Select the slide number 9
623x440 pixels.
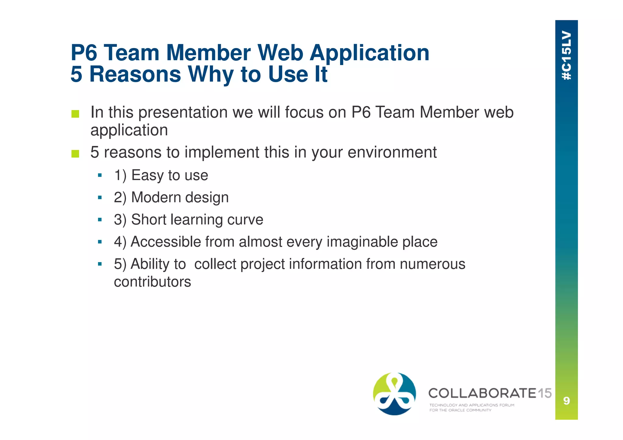click(x=566, y=401)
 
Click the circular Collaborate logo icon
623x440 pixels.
click(x=394, y=394)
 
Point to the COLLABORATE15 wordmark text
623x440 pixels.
click(x=490, y=393)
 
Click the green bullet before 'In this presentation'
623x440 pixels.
click(x=75, y=114)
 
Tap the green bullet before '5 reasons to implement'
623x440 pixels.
click(x=75, y=154)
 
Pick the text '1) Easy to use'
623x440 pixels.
click(x=161, y=175)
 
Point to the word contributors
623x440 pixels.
click(x=152, y=282)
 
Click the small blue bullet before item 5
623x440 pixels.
click(x=100, y=264)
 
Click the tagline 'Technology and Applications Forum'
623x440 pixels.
click(x=472, y=405)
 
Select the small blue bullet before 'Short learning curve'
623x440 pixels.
click(x=100, y=220)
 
